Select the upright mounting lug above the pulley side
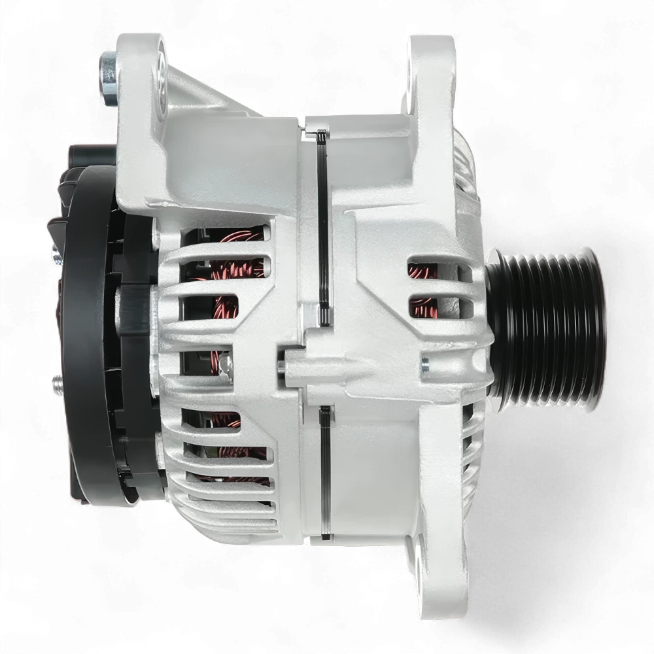point(432,72)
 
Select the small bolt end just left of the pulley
point(425,359)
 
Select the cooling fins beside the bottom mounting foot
point(468,458)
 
